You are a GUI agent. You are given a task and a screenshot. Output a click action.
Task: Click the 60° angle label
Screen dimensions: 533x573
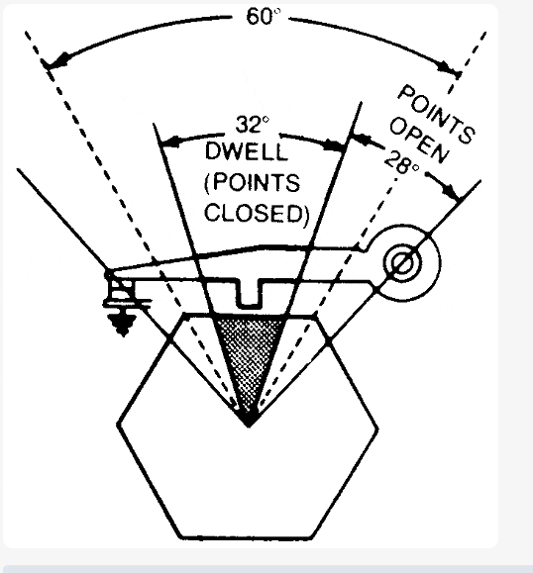tap(264, 17)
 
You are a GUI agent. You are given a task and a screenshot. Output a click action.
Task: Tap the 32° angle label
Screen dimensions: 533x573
tap(253, 125)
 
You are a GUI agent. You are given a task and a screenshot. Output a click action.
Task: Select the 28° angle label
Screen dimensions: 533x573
tap(401, 162)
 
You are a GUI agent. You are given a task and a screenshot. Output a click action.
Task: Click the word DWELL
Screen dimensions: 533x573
tap(246, 151)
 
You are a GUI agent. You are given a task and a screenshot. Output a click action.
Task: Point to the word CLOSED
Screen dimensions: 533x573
tap(257, 213)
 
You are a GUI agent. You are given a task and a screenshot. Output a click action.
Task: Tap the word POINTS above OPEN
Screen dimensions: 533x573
tap(437, 114)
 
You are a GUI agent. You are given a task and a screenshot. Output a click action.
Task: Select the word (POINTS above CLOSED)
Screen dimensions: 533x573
tap(252, 182)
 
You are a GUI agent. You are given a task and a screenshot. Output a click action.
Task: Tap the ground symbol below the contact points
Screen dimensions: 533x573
tap(123, 324)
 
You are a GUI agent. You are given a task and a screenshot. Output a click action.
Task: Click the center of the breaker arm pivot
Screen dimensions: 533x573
tap(402, 262)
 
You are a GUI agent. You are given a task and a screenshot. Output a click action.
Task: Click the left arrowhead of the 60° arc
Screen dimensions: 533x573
tap(54, 61)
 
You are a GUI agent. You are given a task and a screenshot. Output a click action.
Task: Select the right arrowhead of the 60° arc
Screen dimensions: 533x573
tap(449, 68)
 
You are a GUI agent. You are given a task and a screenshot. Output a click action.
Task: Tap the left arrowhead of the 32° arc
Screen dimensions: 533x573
tap(169, 142)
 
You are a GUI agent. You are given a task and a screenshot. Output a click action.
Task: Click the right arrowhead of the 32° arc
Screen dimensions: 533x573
tap(335, 144)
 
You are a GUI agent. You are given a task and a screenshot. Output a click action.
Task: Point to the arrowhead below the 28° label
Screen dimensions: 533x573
tap(452, 190)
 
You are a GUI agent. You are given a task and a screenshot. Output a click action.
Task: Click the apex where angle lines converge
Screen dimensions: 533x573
tap(249, 424)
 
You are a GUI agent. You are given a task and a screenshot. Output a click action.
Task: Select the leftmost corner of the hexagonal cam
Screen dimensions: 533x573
tap(118, 425)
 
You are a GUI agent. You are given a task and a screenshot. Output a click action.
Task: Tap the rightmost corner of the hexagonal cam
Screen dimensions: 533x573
tap(377, 428)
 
